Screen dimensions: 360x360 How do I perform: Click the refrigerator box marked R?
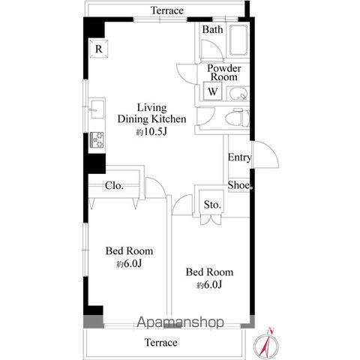[99, 49]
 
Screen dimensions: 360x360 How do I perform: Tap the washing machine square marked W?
[212, 91]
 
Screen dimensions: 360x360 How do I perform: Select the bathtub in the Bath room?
[238, 40]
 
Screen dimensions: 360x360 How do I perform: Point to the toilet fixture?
[238, 118]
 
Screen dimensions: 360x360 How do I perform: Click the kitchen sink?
[97, 109]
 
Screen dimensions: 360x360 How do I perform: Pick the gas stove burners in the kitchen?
[97, 139]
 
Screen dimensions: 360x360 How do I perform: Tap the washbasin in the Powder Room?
[238, 94]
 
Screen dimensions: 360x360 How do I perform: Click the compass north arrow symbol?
[266, 345]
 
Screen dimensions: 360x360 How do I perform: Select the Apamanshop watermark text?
[180, 322]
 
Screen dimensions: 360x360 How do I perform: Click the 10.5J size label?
[151, 132]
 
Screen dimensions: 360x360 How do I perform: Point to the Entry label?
[239, 157]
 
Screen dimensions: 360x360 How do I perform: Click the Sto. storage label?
[212, 205]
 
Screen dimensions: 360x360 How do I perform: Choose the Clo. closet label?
[114, 186]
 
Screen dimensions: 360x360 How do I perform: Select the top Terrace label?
[167, 10]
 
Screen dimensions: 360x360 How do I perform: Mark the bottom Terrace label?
[161, 343]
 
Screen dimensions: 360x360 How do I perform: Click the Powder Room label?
[224, 73]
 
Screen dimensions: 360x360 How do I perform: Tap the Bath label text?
[212, 29]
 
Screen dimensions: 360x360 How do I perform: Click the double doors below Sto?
[211, 219]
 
